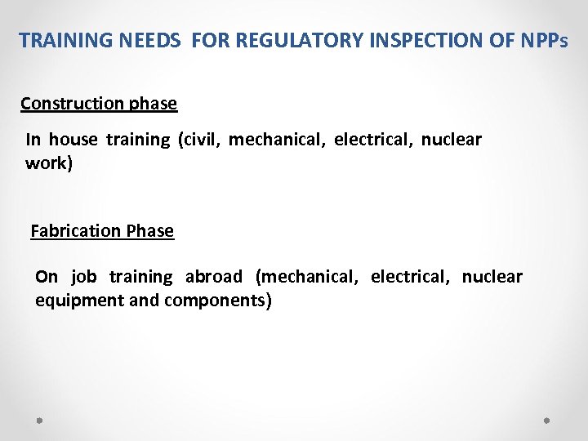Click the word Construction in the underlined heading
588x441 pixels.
click(x=73, y=104)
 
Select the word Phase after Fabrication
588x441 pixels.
click(x=149, y=231)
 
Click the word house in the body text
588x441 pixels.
click(x=72, y=140)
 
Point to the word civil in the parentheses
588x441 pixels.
click(x=197, y=140)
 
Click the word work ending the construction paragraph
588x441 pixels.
click(x=48, y=163)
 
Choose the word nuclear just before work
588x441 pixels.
click(x=452, y=140)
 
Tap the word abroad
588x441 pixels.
click(x=214, y=277)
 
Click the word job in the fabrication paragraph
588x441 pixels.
click(x=83, y=277)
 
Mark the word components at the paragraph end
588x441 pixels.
click(x=217, y=301)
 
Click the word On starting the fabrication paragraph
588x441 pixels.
click(x=47, y=277)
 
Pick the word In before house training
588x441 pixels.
click(x=33, y=140)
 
